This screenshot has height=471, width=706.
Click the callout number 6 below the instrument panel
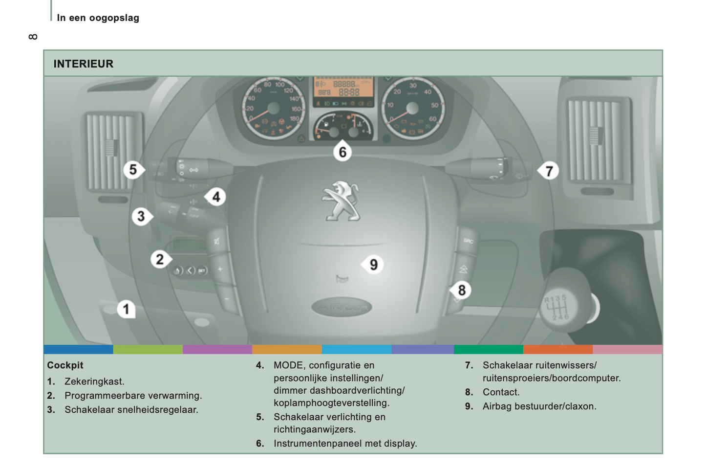[x=342, y=152]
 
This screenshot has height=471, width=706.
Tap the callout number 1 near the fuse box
[x=126, y=309]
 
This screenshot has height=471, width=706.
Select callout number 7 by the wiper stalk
[x=549, y=171]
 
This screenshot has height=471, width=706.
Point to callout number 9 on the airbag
[x=373, y=265]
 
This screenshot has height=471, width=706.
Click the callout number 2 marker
[x=160, y=259]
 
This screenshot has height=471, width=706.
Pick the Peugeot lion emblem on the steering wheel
[x=341, y=201]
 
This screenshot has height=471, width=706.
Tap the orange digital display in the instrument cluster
[x=343, y=88]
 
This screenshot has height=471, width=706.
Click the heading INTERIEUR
[x=84, y=64]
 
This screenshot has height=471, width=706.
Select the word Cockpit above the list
[x=65, y=365]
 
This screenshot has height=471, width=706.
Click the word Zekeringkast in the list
[x=94, y=381]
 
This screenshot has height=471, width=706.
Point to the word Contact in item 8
[x=500, y=392]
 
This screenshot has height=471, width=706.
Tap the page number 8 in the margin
[x=33, y=37]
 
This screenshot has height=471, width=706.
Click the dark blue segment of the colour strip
[x=78, y=349]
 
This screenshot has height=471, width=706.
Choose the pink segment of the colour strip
[x=627, y=349]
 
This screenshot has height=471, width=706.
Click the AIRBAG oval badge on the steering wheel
[x=342, y=307]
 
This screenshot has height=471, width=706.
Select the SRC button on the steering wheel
[x=468, y=241]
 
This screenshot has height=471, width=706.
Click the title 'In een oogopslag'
[x=98, y=18]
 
